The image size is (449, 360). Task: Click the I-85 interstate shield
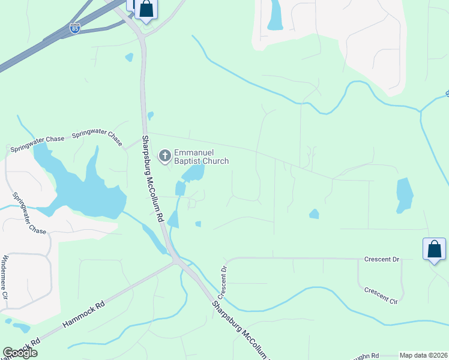(x=74, y=28)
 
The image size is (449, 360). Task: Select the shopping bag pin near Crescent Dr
(x=434, y=249)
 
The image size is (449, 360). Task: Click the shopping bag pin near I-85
(x=146, y=10)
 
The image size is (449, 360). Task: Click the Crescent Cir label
(x=381, y=295)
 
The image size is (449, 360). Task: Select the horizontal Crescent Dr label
(x=381, y=259)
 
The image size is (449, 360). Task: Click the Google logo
(x=20, y=353)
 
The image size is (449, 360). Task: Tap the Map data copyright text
(x=423, y=355)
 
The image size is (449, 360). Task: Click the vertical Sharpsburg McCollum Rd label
(x=153, y=179)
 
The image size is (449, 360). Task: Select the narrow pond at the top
(x=275, y=15)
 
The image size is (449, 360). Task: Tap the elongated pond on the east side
(x=405, y=195)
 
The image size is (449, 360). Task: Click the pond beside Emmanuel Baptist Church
(x=193, y=173)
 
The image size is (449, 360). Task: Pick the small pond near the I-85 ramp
(x=128, y=58)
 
